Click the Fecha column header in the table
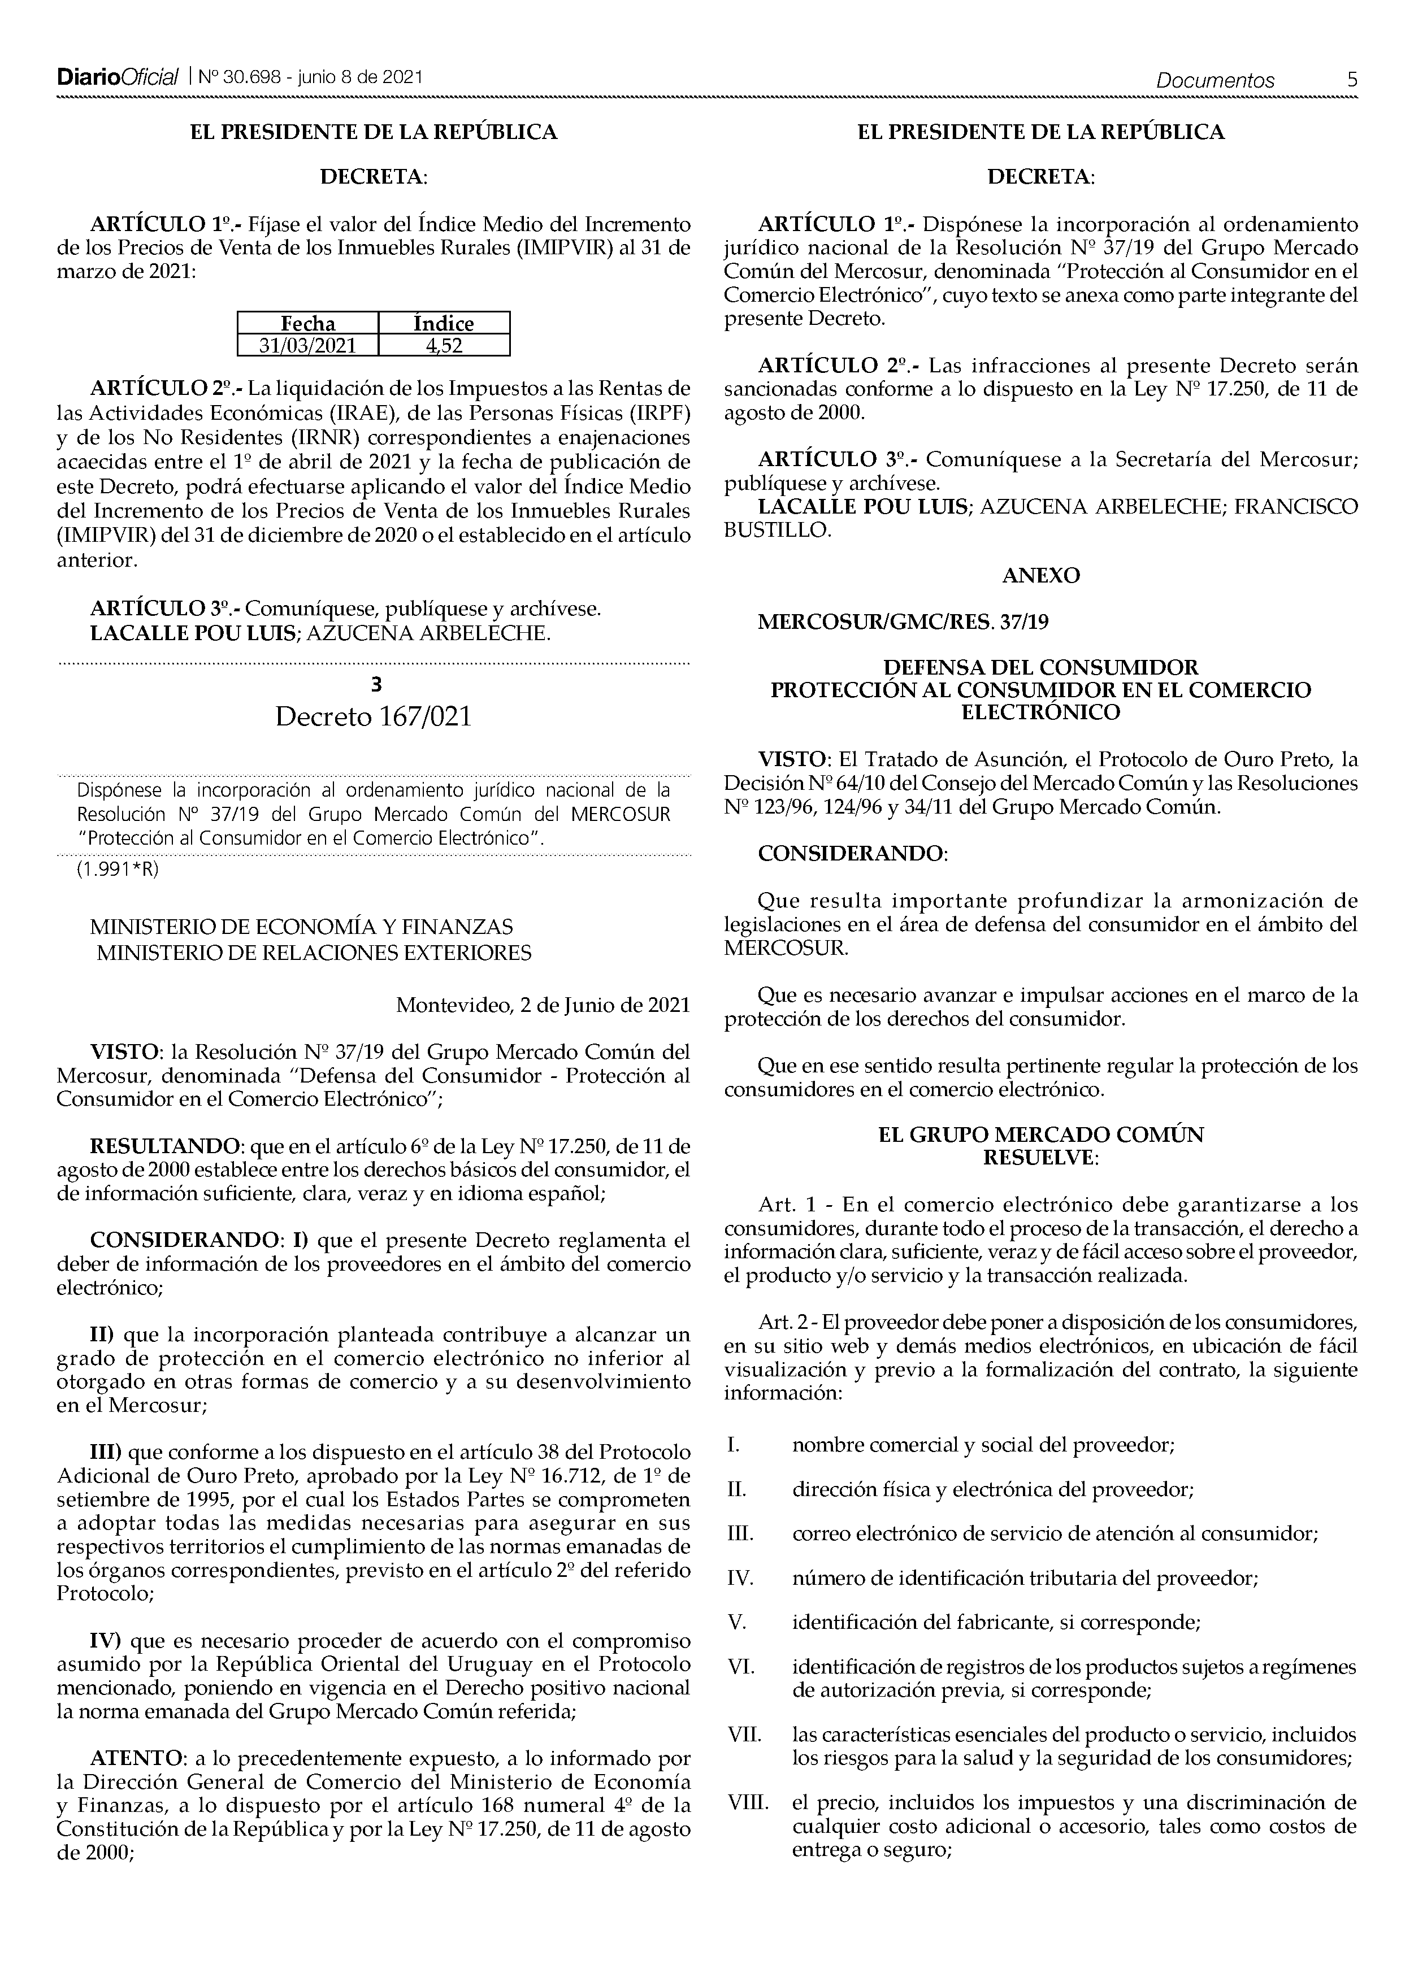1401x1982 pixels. [308, 324]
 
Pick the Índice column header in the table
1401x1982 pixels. [444, 324]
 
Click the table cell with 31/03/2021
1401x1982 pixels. [308, 345]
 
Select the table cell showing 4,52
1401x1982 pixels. [444, 345]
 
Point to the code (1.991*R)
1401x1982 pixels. [118, 870]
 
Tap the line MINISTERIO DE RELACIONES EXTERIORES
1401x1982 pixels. [314, 953]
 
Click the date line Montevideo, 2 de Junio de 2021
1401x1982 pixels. [543, 1005]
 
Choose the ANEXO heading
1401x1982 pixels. [1041, 576]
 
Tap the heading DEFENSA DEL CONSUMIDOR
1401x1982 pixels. [1041, 667]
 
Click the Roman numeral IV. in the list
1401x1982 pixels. [741, 1579]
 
